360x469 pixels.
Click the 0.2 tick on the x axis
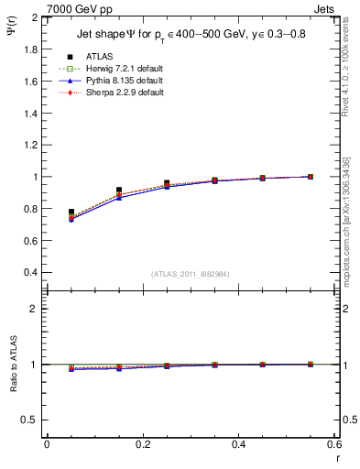(x=142, y=444)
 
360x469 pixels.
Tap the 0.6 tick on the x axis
(x=334, y=444)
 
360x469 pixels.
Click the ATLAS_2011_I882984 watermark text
(x=191, y=274)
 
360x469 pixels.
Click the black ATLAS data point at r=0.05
(x=71, y=212)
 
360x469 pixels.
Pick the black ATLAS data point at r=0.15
(x=119, y=190)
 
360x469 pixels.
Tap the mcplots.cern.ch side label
(x=351, y=229)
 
